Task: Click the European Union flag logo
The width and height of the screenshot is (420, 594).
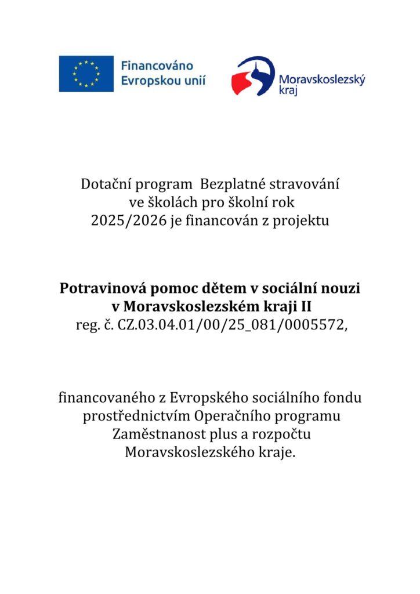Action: (86, 74)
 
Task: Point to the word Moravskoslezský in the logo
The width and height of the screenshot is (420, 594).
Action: (322, 80)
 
